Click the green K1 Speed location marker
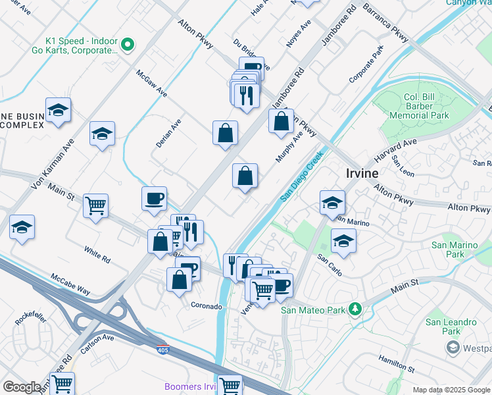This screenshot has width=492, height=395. (128, 45)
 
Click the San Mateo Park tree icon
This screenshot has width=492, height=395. (356, 309)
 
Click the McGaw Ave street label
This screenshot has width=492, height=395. (151, 83)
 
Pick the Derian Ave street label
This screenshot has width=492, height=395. (168, 132)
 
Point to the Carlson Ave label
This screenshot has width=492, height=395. (97, 343)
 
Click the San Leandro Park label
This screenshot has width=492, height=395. (451, 327)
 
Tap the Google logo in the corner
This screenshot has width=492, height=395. (22, 387)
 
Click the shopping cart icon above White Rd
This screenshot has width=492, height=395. (95, 206)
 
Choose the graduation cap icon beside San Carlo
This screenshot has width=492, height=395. (343, 242)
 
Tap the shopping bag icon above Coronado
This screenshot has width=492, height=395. (179, 279)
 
